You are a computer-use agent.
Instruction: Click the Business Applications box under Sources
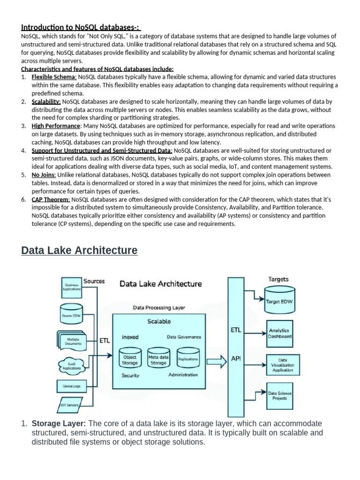[x=72, y=287]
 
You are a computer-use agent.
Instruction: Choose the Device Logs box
[x=71, y=386]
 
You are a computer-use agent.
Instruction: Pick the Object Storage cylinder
[x=130, y=359]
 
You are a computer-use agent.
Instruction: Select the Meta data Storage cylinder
[x=158, y=359]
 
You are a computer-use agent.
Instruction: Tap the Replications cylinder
[x=187, y=359]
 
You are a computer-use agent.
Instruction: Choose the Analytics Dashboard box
[x=279, y=333]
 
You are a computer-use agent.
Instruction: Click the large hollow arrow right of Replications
[x=216, y=360]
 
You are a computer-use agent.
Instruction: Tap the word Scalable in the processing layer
[x=159, y=322]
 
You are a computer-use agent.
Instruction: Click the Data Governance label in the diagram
[x=184, y=337]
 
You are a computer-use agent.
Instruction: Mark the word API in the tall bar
[x=236, y=359]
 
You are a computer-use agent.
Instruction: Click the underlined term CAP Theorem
[x=51, y=199]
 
